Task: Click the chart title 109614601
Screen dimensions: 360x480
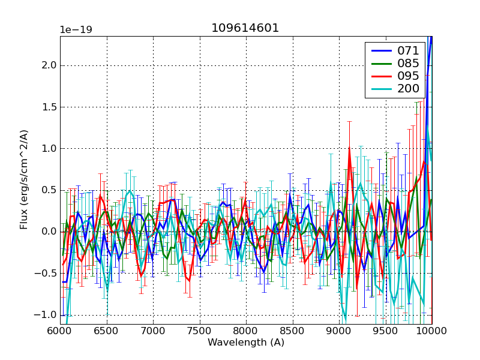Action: [x=245, y=28]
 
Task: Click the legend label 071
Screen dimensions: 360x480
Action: [x=407, y=51]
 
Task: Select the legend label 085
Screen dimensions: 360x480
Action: [x=407, y=64]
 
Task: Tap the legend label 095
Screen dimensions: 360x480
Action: [x=407, y=76]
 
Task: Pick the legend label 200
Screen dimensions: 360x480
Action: [x=407, y=89]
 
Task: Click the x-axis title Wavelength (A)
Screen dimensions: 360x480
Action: [x=246, y=343]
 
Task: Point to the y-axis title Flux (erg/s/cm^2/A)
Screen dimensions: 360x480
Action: [x=24, y=180]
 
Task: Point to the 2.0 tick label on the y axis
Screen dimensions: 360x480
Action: [x=48, y=65]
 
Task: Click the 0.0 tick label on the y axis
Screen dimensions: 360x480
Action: [x=48, y=232]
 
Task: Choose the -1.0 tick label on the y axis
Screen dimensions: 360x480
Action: [x=46, y=315]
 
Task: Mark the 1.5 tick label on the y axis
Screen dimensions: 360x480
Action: [x=48, y=107]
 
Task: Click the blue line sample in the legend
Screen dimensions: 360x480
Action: [x=380, y=51]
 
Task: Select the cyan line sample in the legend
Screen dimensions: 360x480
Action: [x=380, y=89]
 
